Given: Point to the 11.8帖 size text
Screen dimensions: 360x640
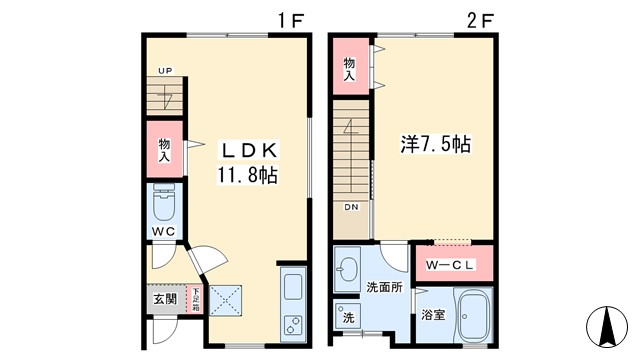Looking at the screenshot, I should click(248, 175).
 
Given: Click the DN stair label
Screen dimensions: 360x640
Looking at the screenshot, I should click(351, 208).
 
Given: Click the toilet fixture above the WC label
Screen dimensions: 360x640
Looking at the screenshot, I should click(164, 205).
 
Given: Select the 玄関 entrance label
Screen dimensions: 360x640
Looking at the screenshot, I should click(164, 298).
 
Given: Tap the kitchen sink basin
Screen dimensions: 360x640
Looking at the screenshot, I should click(293, 288).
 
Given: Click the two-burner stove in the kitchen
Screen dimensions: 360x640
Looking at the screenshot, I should click(293, 325).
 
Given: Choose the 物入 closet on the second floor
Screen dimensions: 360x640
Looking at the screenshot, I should click(350, 67).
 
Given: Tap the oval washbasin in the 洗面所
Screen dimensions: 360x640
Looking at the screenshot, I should click(349, 270).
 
